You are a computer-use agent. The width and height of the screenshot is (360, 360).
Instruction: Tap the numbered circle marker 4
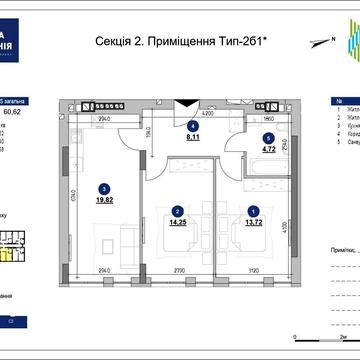tap(192, 128)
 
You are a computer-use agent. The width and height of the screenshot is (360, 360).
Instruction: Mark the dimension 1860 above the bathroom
tap(269, 116)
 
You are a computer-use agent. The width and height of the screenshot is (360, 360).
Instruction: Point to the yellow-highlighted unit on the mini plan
tap(8, 257)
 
